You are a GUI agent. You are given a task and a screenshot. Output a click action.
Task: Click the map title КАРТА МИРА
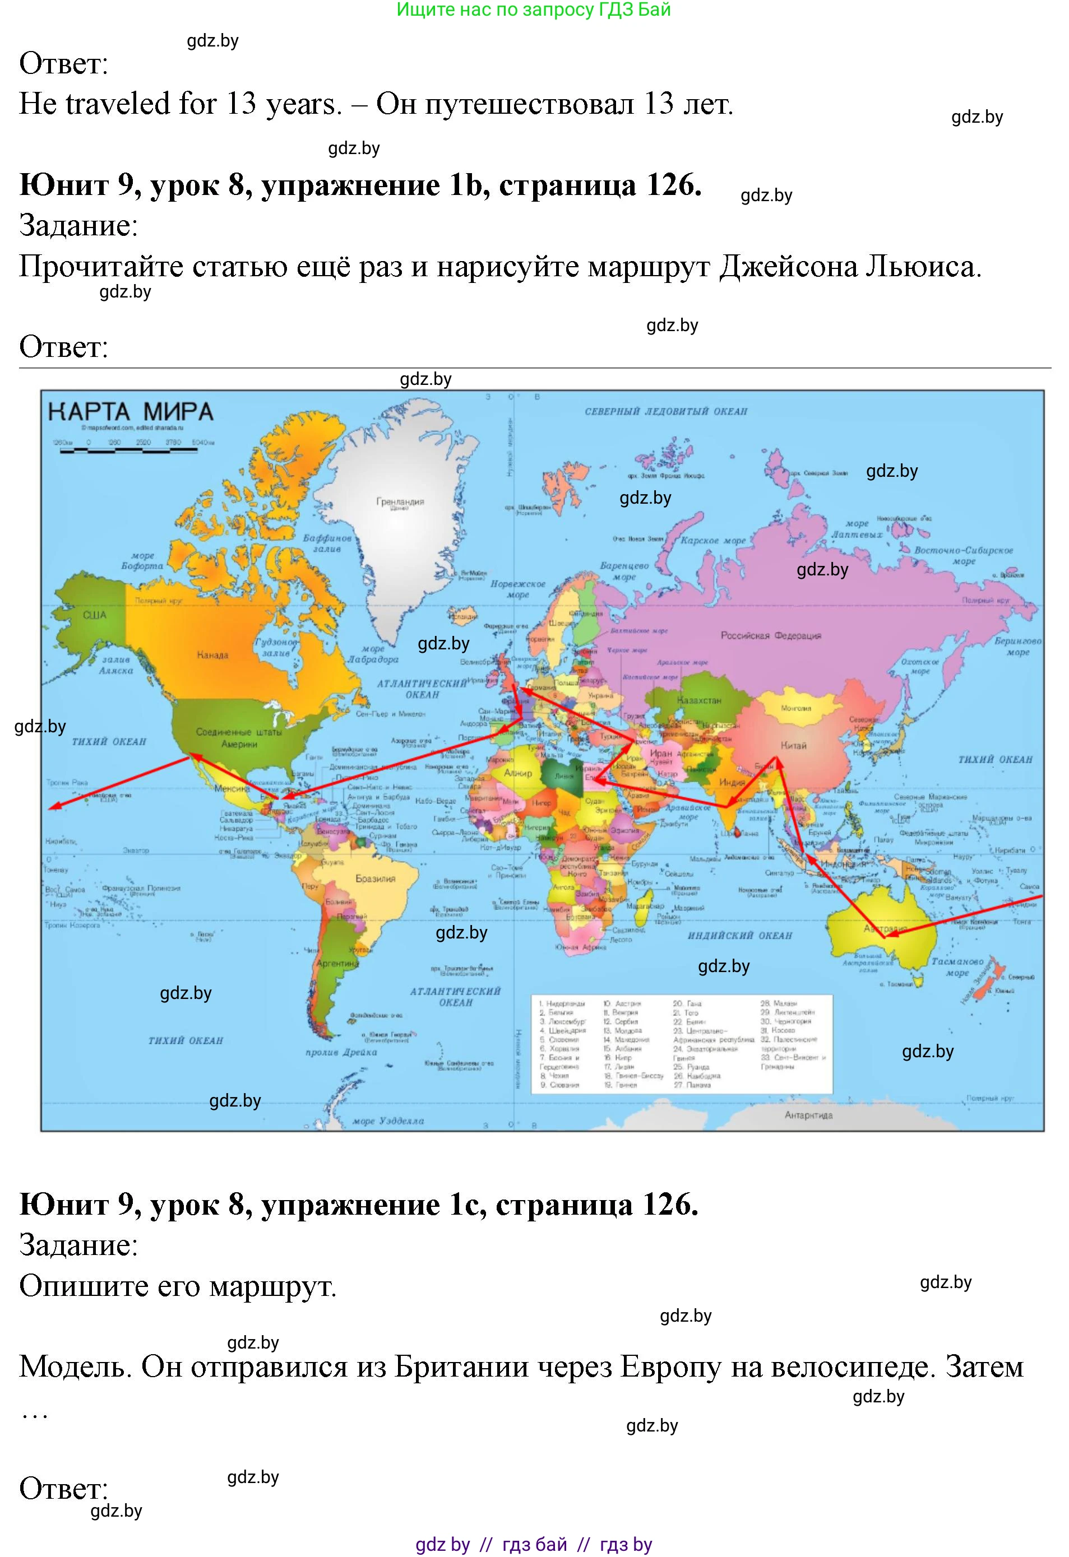pyautogui.click(x=131, y=411)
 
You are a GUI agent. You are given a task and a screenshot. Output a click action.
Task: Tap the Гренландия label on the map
pyautogui.click(x=400, y=502)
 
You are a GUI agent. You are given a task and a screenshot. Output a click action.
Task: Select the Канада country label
pyautogui.click(x=212, y=654)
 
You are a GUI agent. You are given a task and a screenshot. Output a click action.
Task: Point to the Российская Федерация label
pyautogui.click(x=771, y=635)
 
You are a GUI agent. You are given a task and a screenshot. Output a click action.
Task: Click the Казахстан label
pyautogui.click(x=699, y=700)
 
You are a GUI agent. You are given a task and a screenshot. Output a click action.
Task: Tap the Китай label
pyautogui.click(x=794, y=745)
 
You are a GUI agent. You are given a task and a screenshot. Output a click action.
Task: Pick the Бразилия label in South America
pyautogui.click(x=376, y=879)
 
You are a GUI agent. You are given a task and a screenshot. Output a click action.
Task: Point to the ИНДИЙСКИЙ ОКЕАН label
pyautogui.click(x=740, y=935)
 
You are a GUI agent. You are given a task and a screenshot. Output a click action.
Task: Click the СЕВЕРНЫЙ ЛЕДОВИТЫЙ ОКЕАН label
pyautogui.click(x=665, y=411)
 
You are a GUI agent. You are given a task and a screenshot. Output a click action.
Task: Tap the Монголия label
pyautogui.click(x=796, y=708)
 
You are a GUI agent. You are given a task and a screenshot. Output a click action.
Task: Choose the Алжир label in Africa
pyautogui.click(x=517, y=773)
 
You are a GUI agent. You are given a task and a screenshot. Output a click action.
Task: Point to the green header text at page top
pyautogui.click(x=534, y=10)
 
